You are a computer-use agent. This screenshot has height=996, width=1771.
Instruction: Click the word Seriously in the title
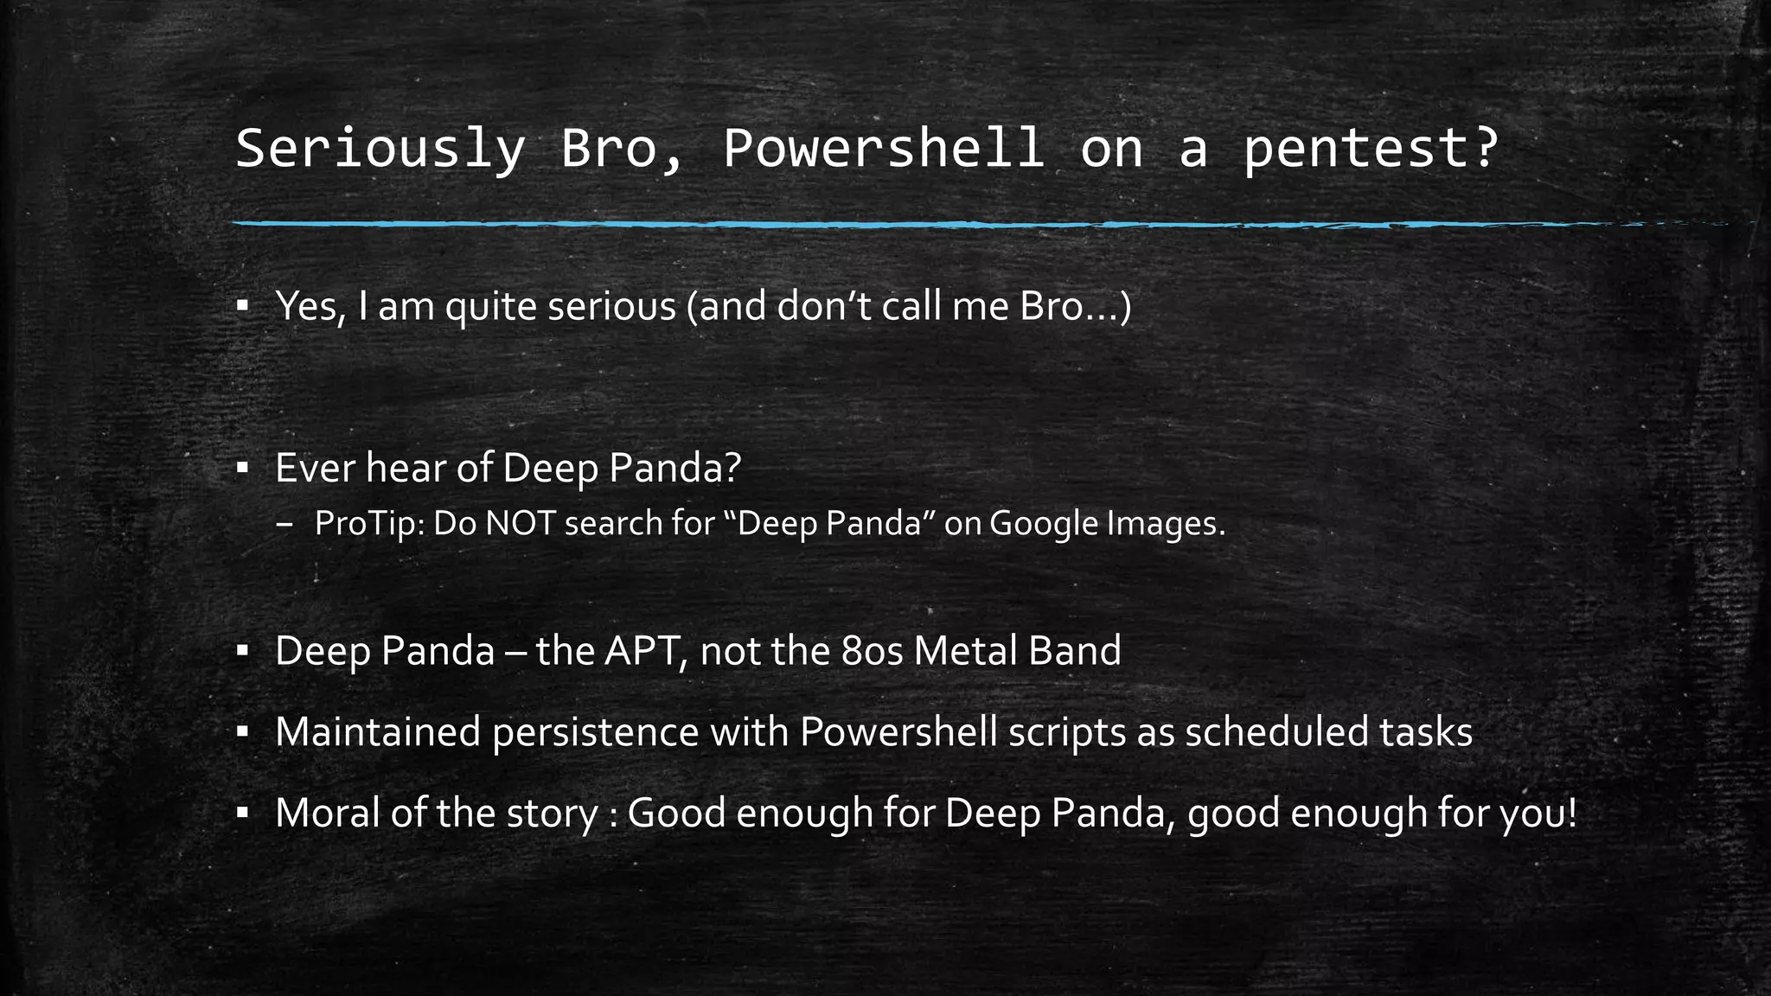[x=380, y=149]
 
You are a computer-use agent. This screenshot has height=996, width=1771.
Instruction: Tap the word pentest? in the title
[x=1370, y=149]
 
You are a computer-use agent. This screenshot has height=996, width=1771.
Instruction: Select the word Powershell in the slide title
[x=883, y=149]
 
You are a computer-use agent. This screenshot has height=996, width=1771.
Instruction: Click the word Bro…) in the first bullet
[x=1076, y=306]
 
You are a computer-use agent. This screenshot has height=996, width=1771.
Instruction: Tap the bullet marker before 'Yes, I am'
[x=243, y=306]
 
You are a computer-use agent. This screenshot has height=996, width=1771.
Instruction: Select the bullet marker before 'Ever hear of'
[x=243, y=469]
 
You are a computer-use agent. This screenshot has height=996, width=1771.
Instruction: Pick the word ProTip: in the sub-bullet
[x=369, y=524]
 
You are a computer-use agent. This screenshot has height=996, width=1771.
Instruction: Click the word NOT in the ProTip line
[x=520, y=524]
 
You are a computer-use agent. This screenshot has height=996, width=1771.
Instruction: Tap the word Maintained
[x=378, y=732]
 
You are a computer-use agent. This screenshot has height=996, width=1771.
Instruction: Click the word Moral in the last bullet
[x=327, y=814]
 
